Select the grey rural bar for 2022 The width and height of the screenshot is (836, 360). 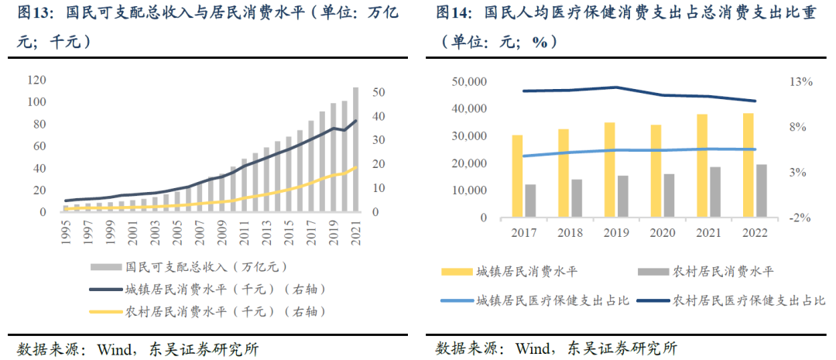click(x=739, y=190)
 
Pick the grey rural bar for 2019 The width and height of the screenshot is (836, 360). click(x=623, y=197)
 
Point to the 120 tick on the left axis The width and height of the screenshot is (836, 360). click(x=36, y=80)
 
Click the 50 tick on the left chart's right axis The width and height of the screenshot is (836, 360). click(x=379, y=92)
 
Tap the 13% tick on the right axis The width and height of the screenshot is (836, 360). click(x=800, y=82)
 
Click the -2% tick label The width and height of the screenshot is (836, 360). click(x=800, y=218)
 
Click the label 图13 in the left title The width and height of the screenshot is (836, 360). click(x=34, y=13)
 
